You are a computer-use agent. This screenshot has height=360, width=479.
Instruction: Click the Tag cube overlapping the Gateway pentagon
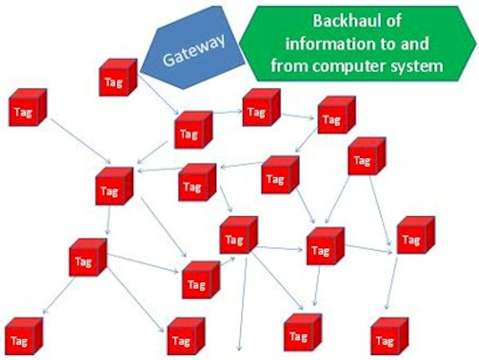[x=118, y=78]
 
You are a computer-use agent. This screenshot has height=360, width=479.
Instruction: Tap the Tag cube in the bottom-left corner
[x=23, y=337]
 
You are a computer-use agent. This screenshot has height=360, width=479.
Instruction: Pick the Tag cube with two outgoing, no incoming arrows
[x=366, y=156]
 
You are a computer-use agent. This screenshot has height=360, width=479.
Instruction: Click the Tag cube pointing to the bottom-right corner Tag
[x=415, y=236]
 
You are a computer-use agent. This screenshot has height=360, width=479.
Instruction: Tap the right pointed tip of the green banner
[x=476, y=43]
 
